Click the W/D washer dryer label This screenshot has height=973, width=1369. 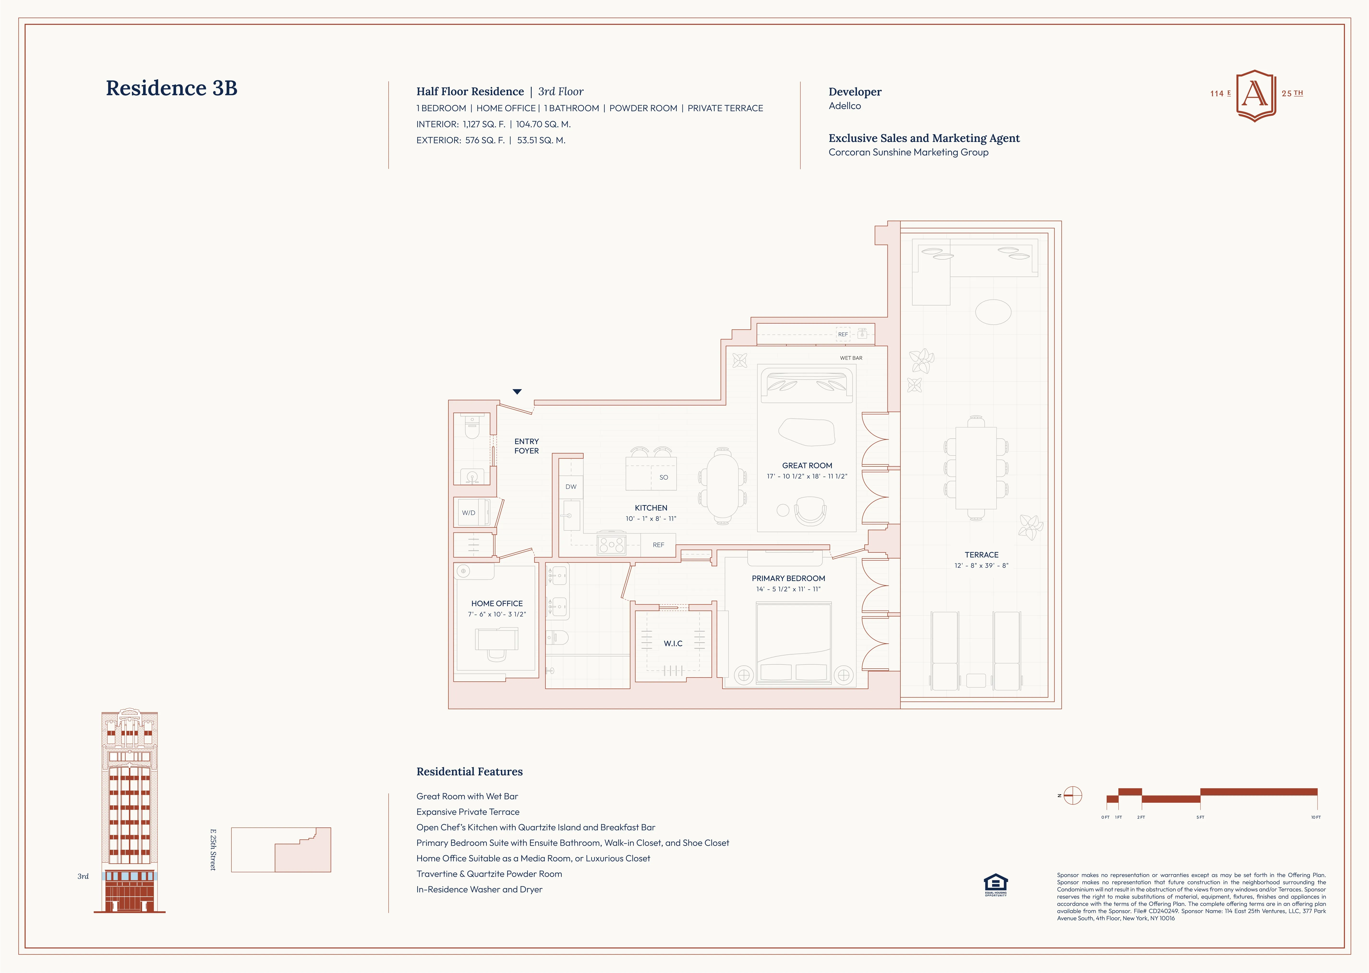[468, 513]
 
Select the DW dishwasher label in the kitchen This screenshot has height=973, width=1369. [571, 487]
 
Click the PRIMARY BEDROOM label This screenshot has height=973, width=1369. [788, 578]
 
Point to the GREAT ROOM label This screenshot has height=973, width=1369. [807, 465]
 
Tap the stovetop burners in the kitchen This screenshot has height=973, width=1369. [611, 544]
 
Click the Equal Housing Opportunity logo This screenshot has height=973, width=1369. [995, 884]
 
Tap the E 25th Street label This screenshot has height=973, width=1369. [213, 850]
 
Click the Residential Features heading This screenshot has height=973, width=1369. [470, 772]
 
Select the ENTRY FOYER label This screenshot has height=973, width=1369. [526, 446]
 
